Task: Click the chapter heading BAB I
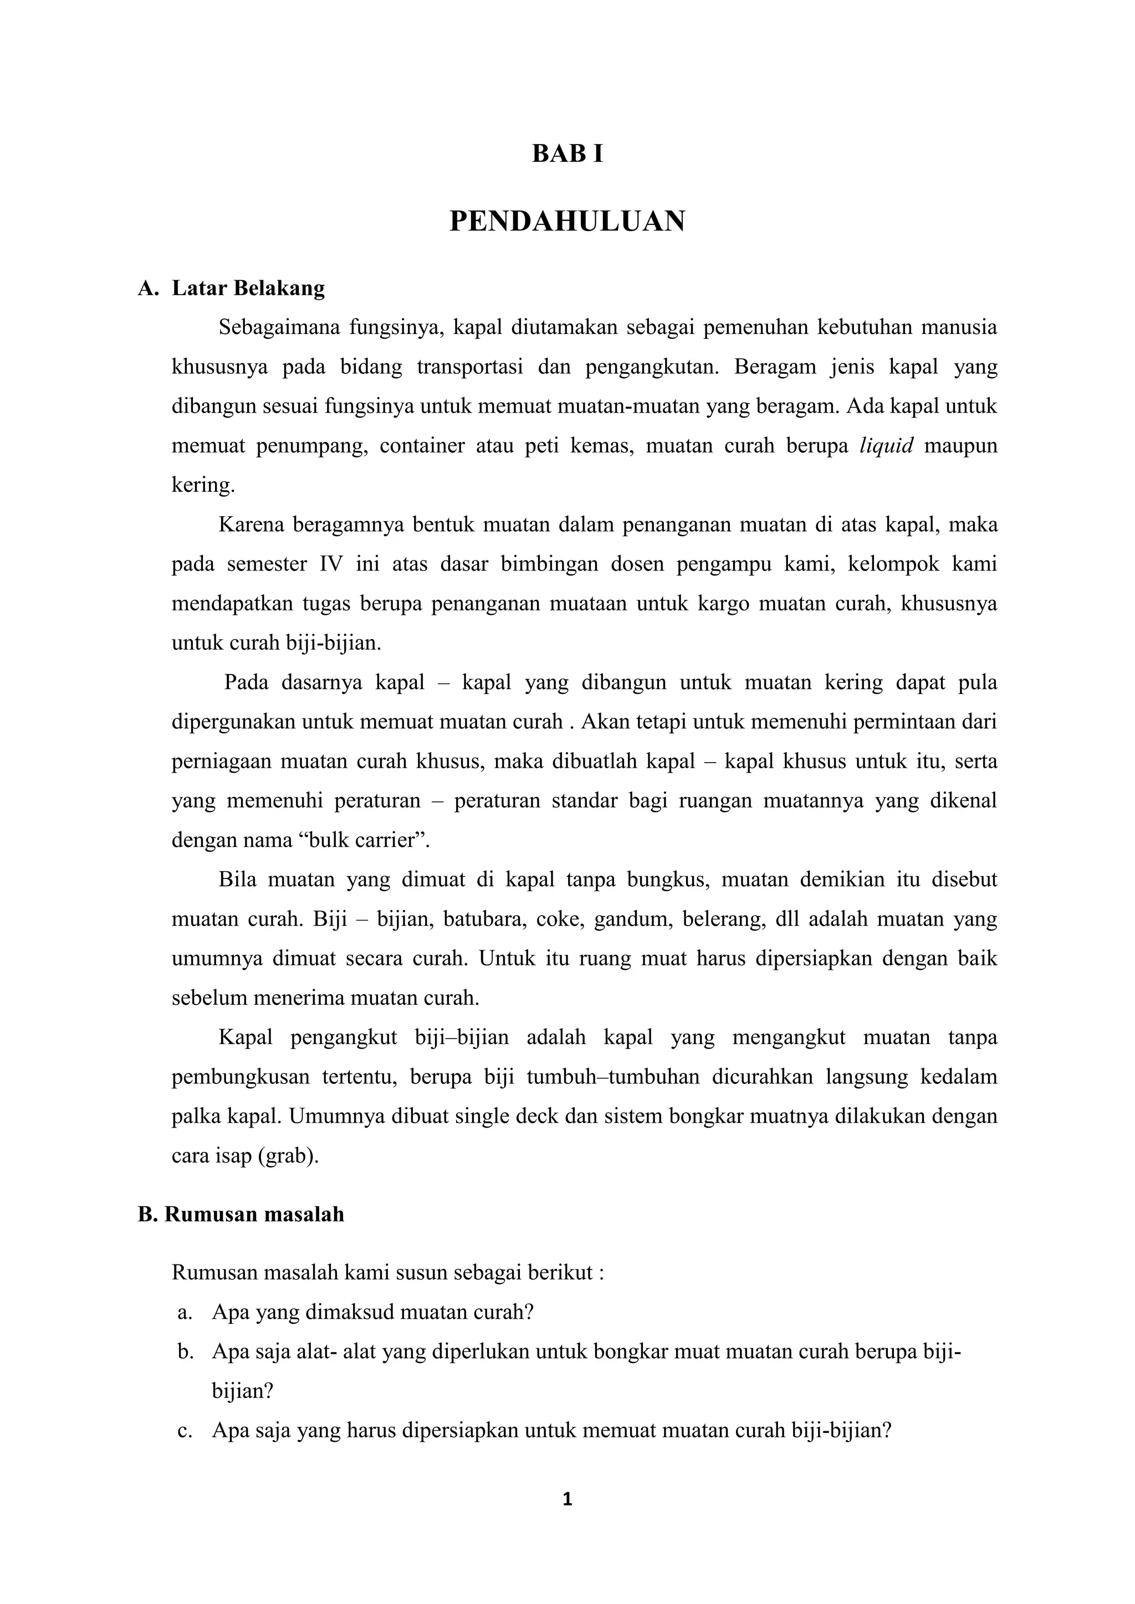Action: click(x=567, y=153)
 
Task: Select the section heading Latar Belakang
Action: click(x=248, y=288)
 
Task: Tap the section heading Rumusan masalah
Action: click(x=254, y=1214)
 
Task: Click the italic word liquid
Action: click(x=886, y=446)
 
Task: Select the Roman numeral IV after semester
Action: click(x=331, y=564)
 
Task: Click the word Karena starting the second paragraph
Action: click(x=249, y=525)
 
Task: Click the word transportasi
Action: click(x=471, y=367)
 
